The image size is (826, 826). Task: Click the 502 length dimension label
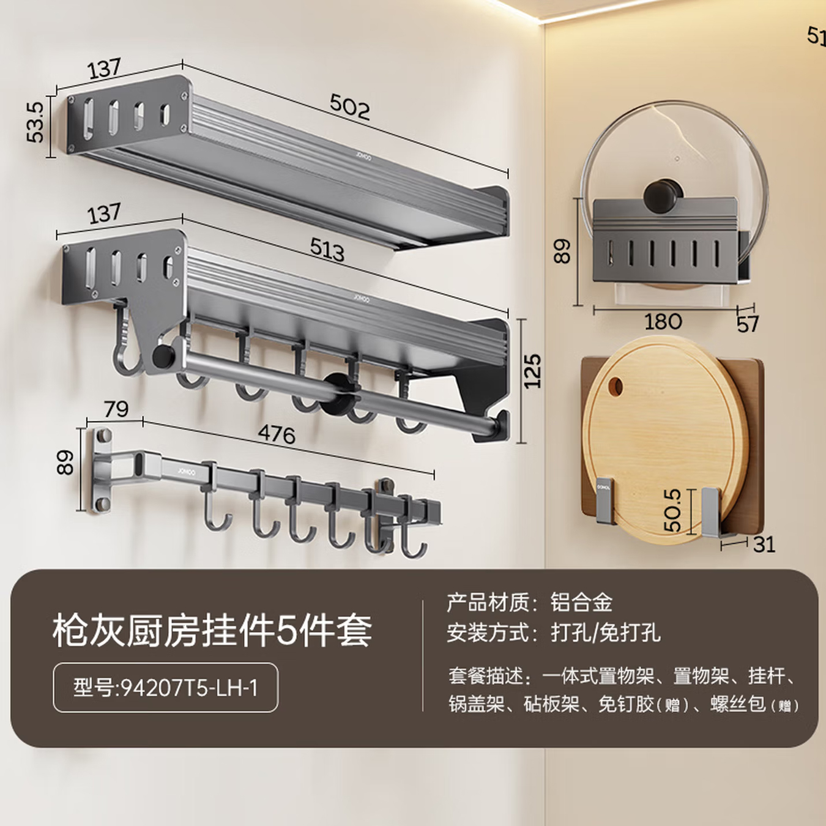click(x=349, y=106)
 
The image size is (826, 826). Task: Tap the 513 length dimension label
click(x=327, y=250)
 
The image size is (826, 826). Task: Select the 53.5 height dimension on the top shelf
click(x=35, y=122)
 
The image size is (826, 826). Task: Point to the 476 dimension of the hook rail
click(x=277, y=434)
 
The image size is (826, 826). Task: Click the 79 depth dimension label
click(x=116, y=409)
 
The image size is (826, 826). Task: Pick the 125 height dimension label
click(x=532, y=371)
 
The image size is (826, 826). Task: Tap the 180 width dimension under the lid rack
click(x=663, y=322)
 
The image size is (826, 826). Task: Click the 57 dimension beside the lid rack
click(x=748, y=324)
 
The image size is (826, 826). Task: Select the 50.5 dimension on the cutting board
click(x=672, y=510)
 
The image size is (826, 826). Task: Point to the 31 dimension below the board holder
click(x=764, y=544)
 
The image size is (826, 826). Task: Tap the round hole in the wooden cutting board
click(x=615, y=387)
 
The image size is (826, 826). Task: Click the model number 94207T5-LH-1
click(x=165, y=688)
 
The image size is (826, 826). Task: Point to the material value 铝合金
click(x=581, y=603)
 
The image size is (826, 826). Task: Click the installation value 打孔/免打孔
click(x=605, y=633)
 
